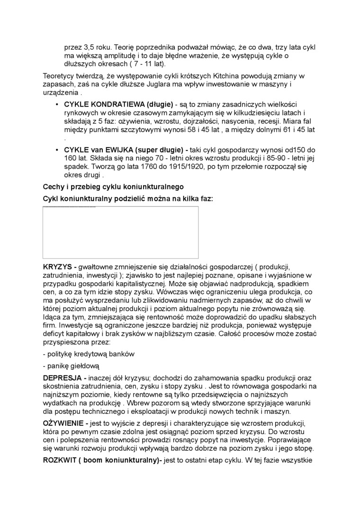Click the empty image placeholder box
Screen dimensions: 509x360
point(120,232)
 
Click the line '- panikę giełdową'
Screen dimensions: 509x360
point(71,366)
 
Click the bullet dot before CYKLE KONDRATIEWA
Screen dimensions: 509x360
point(57,104)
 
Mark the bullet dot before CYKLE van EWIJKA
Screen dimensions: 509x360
point(57,150)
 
